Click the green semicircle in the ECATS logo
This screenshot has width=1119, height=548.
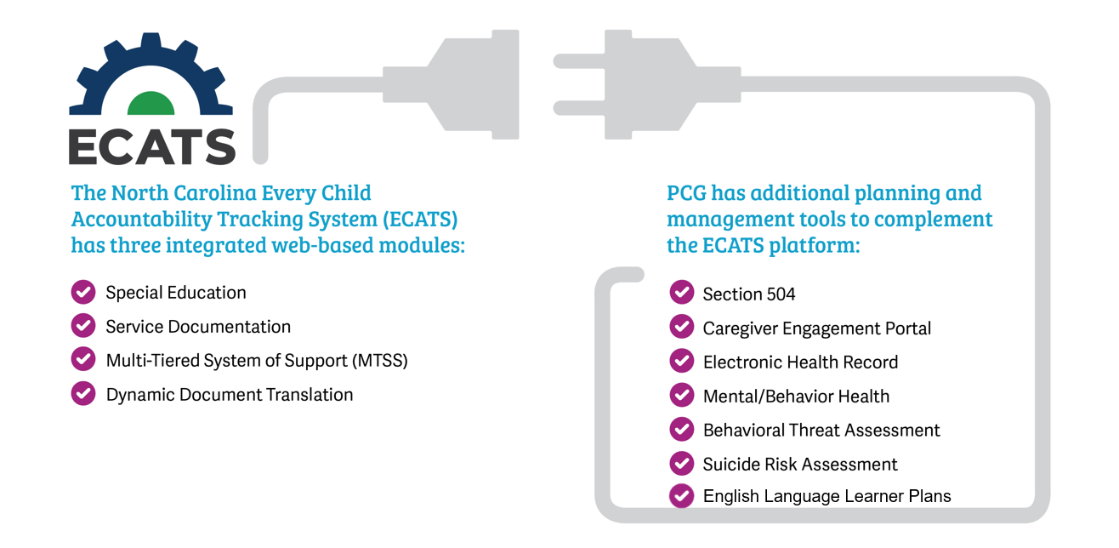point(151,104)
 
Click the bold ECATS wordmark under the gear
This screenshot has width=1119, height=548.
point(152,146)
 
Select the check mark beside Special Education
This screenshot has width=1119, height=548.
point(83,292)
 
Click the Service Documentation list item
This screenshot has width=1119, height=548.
point(198,327)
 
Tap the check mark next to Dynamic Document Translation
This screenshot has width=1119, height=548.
point(83,393)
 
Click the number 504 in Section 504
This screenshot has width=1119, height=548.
point(781,294)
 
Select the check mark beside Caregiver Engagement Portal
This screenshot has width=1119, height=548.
point(681,327)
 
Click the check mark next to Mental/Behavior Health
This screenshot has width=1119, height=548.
point(681,395)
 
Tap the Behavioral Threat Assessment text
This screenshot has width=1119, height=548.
point(821,430)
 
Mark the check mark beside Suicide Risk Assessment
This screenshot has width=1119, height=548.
point(681,463)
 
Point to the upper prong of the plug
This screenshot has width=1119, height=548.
point(580,61)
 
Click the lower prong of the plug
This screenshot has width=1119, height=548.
point(580,108)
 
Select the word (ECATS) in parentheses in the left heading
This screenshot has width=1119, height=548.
point(421,220)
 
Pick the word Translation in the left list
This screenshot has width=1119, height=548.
point(309,395)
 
